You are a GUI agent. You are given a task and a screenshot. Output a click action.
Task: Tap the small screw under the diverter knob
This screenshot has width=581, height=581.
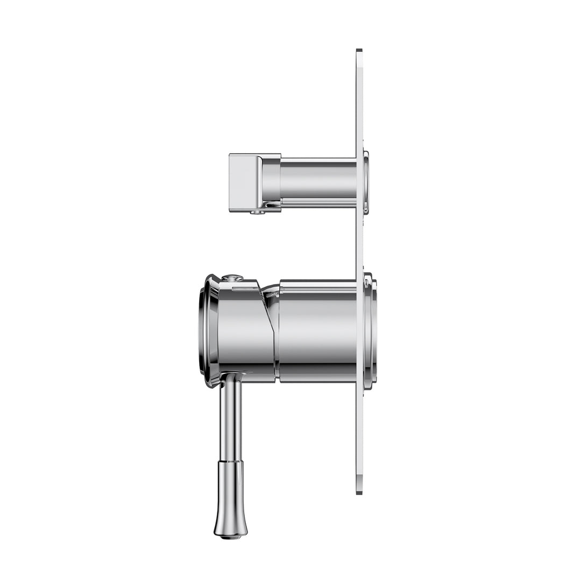click(258, 212)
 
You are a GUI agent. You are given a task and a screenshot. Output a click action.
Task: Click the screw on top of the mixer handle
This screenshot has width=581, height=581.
click(232, 278)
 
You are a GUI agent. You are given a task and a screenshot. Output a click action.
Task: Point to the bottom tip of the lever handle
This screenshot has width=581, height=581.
click(230, 535)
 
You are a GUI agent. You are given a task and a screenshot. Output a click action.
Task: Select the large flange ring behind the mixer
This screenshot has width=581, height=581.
click(371, 331)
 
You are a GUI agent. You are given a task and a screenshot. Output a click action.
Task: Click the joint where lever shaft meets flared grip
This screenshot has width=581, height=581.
click(230, 462)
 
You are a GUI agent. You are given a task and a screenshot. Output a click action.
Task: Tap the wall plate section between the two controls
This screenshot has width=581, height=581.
click(359, 242)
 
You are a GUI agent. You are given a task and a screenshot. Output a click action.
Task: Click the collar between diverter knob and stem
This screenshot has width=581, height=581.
click(271, 182)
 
